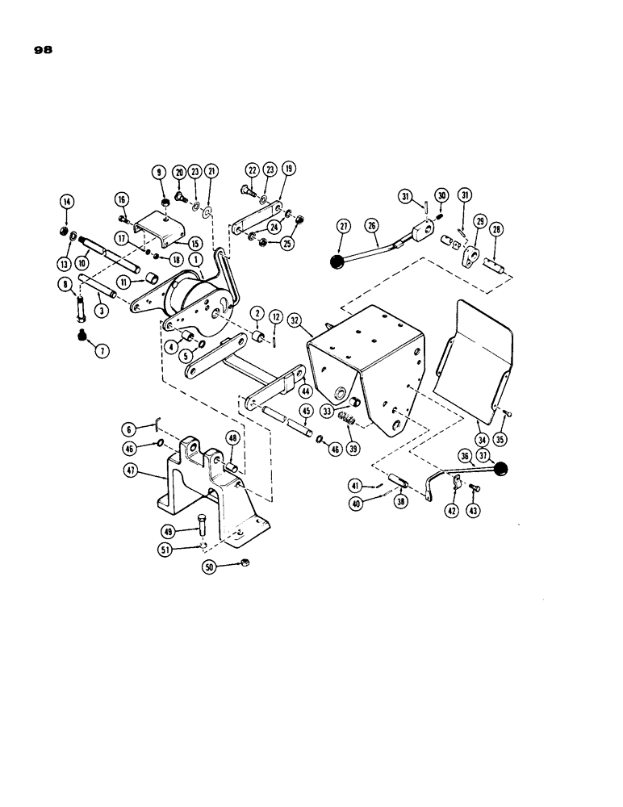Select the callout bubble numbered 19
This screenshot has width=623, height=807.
coord(289,169)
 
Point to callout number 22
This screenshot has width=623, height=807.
coord(252,169)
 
